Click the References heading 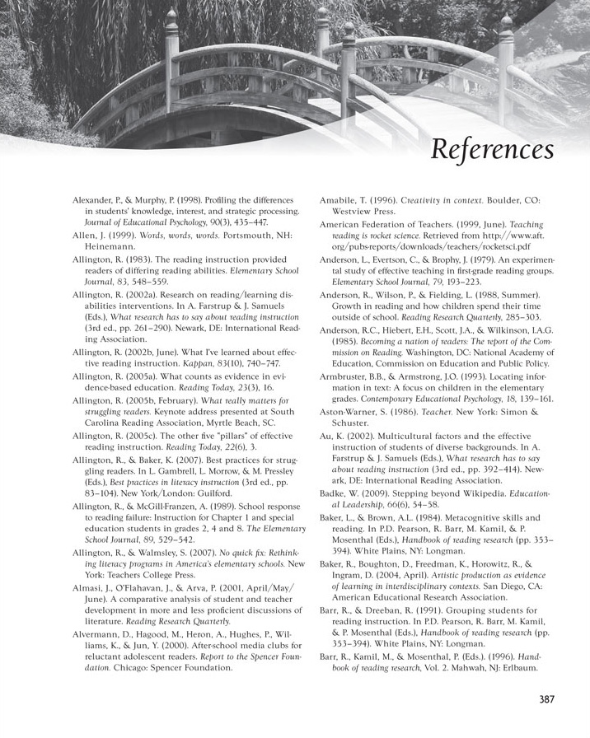[490, 151]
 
